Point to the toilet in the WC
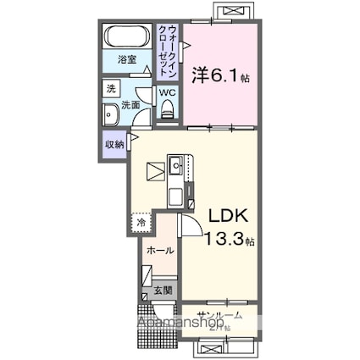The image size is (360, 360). pos(168,107)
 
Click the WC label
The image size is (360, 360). pos(168,91)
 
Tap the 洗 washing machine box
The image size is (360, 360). pos(111,88)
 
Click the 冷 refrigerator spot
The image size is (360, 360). pos(141,222)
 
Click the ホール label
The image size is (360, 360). pos(159,251)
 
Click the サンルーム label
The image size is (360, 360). pos(217,314)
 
